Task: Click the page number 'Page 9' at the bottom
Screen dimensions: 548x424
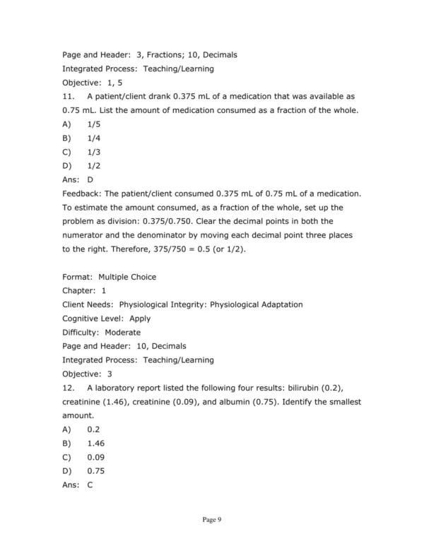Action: pos(212,520)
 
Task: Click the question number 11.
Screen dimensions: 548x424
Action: pos(69,96)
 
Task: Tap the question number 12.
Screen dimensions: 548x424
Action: pos(69,388)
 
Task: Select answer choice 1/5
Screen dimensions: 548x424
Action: pos(94,124)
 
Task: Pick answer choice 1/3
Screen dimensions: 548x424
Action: pos(94,151)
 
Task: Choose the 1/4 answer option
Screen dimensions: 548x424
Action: pos(94,138)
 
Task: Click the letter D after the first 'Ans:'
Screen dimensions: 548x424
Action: pos(90,179)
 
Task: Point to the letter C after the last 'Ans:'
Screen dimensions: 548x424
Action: pos(90,485)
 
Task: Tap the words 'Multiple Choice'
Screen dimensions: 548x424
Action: pos(128,277)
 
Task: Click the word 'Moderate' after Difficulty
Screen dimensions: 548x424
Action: pos(123,332)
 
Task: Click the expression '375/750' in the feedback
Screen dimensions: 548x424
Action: pos(147,249)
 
